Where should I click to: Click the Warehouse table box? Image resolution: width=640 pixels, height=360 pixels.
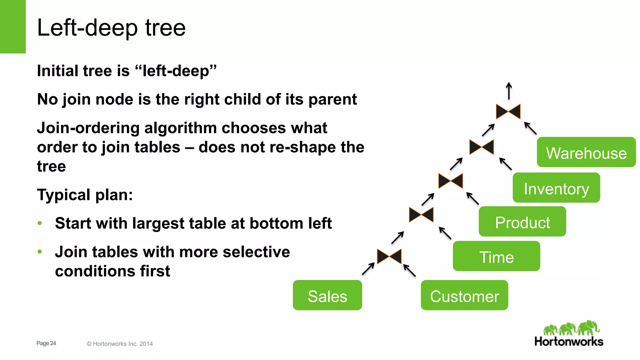[586, 152]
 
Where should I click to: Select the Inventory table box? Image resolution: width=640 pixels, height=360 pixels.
[556, 188]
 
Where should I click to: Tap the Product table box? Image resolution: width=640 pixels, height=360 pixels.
[522, 222]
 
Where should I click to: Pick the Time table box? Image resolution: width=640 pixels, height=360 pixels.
[496, 256]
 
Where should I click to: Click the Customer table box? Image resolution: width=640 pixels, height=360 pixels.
[464, 295]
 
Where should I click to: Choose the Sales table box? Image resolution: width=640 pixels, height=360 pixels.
[327, 295]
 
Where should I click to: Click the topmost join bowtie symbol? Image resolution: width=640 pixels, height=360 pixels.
[508, 112]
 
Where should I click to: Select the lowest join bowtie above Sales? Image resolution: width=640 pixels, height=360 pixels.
[389, 257]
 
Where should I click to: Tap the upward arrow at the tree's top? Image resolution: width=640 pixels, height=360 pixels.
[509, 91]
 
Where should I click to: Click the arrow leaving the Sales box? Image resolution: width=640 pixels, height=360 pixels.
[368, 269]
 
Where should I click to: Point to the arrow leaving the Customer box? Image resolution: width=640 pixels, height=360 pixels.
[409, 271]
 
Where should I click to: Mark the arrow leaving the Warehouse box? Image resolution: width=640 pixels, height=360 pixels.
[530, 128]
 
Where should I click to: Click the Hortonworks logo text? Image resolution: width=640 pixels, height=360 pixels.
[569, 341]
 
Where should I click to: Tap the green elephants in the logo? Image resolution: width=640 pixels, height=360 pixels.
[571, 328]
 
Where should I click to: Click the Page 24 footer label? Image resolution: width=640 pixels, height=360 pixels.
[46, 343]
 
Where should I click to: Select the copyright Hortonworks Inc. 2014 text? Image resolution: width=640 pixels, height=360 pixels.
[120, 344]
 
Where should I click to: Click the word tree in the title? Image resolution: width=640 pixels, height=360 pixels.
[165, 28]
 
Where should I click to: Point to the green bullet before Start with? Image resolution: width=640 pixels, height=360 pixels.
[40, 223]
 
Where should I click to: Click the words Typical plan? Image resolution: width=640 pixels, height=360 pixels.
[85, 195]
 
